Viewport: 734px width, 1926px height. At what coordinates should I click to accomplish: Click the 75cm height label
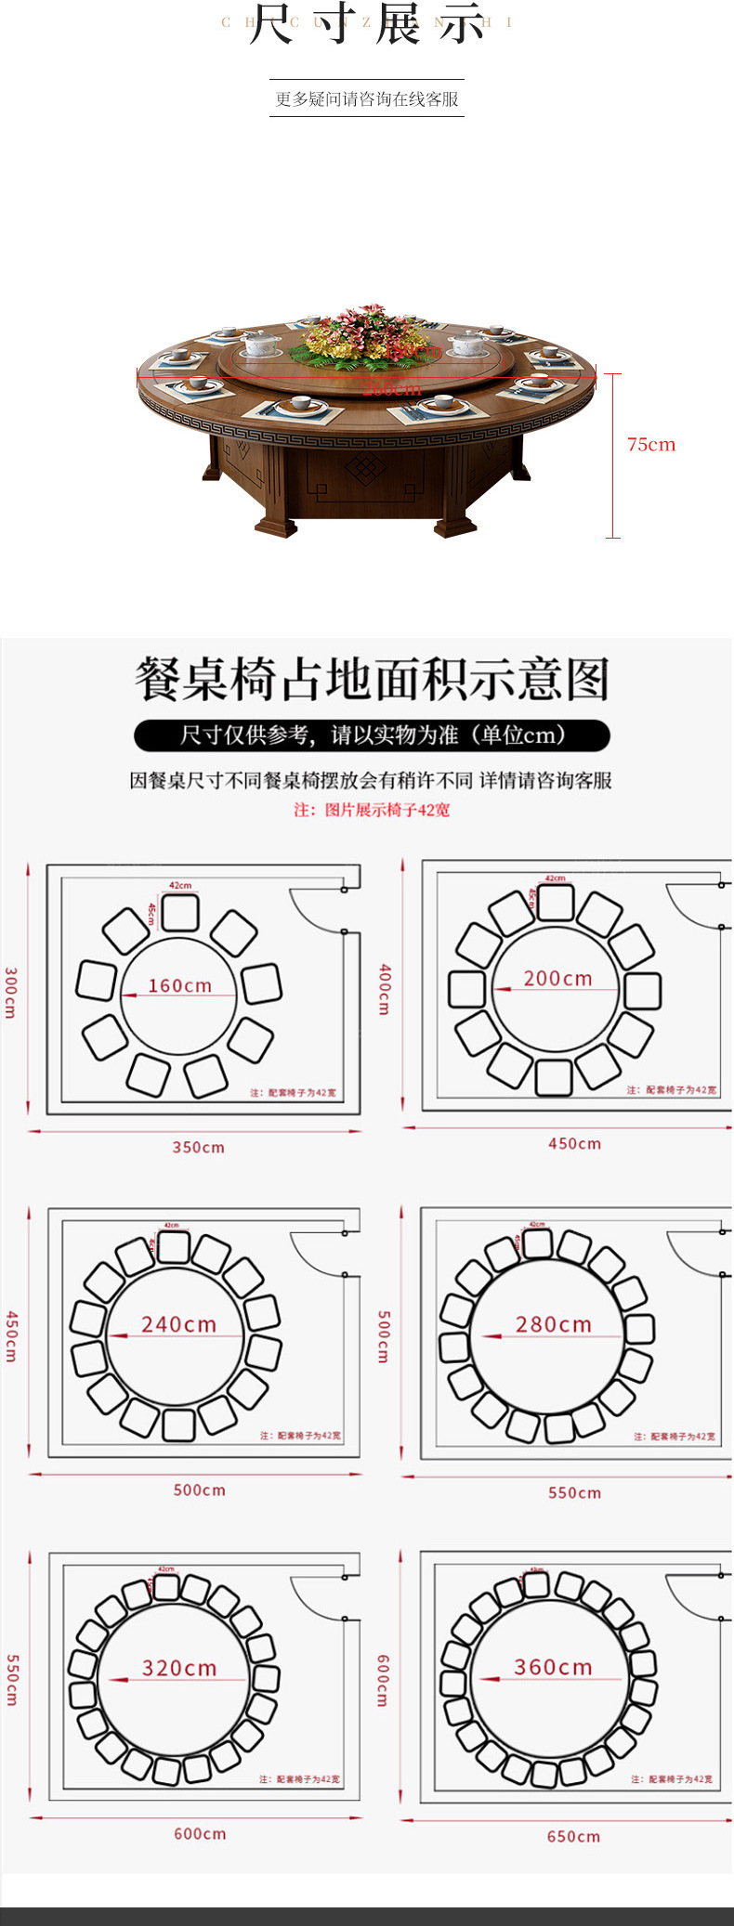[x=650, y=445]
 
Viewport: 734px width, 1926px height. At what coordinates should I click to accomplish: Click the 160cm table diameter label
[x=179, y=985]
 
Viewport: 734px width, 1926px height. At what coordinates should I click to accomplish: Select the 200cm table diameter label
[x=557, y=978]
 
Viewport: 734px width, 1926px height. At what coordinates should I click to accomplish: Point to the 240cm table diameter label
[x=178, y=1324]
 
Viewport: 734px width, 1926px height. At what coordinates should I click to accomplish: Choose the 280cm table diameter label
[x=554, y=1324]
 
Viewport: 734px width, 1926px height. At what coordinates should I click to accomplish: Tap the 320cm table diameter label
[x=179, y=1668]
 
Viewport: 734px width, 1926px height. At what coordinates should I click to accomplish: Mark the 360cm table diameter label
[x=554, y=1667]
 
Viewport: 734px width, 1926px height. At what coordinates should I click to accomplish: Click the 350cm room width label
[x=198, y=1148]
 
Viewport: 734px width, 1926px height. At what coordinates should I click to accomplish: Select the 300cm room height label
[x=11, y=992]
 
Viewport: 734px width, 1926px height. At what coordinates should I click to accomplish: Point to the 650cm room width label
[x=573, y=1837]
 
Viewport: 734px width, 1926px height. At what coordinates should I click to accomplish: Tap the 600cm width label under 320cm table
[x=200, y=1834]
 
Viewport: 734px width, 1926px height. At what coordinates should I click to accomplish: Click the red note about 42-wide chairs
[x=372, y=810]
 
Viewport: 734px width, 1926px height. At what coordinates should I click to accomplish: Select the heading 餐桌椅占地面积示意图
[x=372, y=679]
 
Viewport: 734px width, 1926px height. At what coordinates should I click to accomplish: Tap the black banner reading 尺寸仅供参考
[x=372, y=735]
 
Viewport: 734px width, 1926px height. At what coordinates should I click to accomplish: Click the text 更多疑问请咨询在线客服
[x=367, y=99]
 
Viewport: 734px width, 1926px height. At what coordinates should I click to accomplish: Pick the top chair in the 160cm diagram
[x=180, y=912]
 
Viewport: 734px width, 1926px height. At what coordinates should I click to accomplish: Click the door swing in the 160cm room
[x=316, y=910]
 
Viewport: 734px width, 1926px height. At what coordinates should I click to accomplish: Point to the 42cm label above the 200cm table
[x=555, y=878]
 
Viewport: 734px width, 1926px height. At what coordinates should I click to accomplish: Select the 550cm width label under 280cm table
[x=574, y=1493]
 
